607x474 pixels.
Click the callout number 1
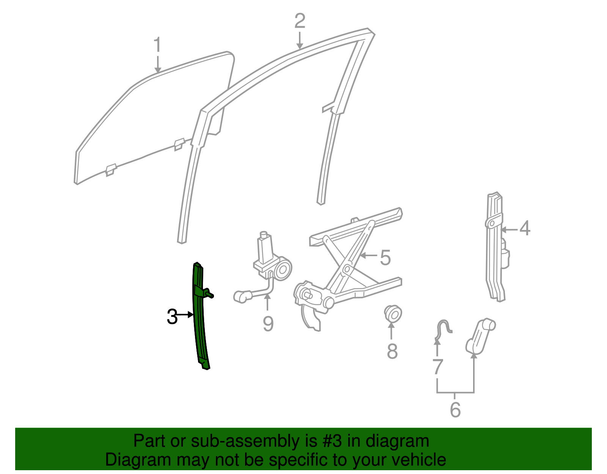[x=157, y=46]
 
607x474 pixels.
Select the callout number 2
[x=299, y=21]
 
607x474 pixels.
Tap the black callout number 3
[x=172, y=317]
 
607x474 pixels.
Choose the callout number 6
[x=455, y=410]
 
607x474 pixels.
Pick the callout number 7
[x=437, y=367]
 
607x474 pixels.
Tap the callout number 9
[x=268, y=324]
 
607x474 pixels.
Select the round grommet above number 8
[x=393, y=313]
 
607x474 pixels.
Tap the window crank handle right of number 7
[x=480, y=334]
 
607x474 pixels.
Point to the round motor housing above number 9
[x=283, y=269]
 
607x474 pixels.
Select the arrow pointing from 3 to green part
[x=186, y=315]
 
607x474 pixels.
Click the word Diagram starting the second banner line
[x=129, y=460]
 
